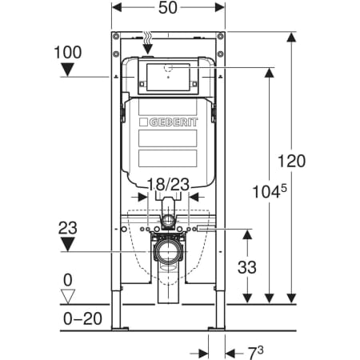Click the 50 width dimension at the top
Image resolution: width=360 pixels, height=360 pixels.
(x=168, y=8)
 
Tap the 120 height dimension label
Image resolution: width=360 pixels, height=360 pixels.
(x=291, y=161)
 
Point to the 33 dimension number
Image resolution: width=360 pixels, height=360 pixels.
(x=247, y=267)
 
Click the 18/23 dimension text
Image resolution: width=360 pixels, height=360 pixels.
(x=168, y=184)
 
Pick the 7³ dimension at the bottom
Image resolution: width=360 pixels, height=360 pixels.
(x=255, y=353)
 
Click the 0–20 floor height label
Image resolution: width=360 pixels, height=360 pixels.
(x=82, y=318)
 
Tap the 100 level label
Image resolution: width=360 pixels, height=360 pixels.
(x=68, y=52)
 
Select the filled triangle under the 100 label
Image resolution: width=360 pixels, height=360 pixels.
(x=68, y=70)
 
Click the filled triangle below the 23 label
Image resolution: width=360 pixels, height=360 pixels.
(x=68, y=245)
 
